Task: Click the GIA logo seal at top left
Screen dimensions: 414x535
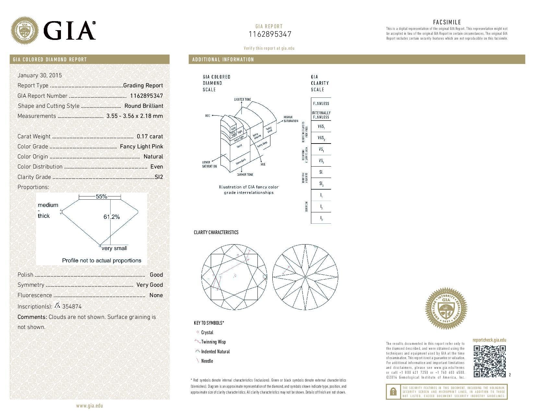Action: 25,31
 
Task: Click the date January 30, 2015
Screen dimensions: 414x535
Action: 40,75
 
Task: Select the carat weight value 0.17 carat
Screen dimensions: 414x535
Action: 150,136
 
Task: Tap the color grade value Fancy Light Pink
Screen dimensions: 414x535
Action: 141,146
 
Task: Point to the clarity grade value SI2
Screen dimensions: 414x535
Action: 159,177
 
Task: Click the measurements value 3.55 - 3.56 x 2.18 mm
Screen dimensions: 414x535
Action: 135,116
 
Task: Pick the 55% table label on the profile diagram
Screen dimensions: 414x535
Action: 101,196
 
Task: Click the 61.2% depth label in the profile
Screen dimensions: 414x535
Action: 112,217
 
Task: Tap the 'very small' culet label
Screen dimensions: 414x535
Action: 114,248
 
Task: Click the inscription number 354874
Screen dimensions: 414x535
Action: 72,307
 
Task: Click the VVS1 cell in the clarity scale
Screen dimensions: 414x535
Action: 321,127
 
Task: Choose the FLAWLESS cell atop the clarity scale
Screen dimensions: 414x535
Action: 321,103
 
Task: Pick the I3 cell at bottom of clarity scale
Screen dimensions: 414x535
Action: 321,218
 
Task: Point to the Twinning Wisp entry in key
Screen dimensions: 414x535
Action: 213,342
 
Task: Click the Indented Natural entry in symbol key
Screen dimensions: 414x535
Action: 215,352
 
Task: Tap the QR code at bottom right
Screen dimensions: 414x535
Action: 490,361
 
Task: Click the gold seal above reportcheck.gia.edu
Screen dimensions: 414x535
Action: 446,308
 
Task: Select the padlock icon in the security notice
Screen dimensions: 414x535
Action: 393,392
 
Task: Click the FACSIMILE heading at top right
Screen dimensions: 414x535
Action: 447,22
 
